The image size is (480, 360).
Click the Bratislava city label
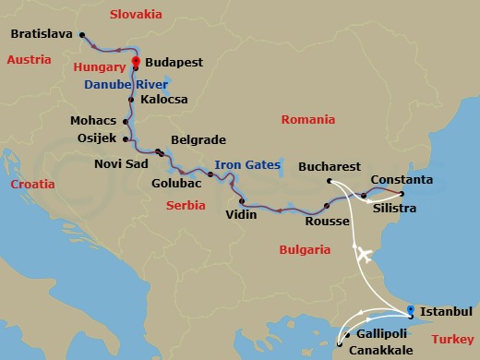tap(43, 35)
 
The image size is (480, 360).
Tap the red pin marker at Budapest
tap(136, 63)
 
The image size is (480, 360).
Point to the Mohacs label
tap(93, 121)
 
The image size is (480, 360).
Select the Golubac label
tap(175, 183)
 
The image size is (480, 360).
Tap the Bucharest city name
tap(330, 167)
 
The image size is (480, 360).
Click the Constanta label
tap(402, 178)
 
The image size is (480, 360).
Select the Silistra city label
tap(393, 209)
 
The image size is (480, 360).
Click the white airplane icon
tap(365, 254)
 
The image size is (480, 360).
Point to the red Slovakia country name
tap(136, 15)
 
